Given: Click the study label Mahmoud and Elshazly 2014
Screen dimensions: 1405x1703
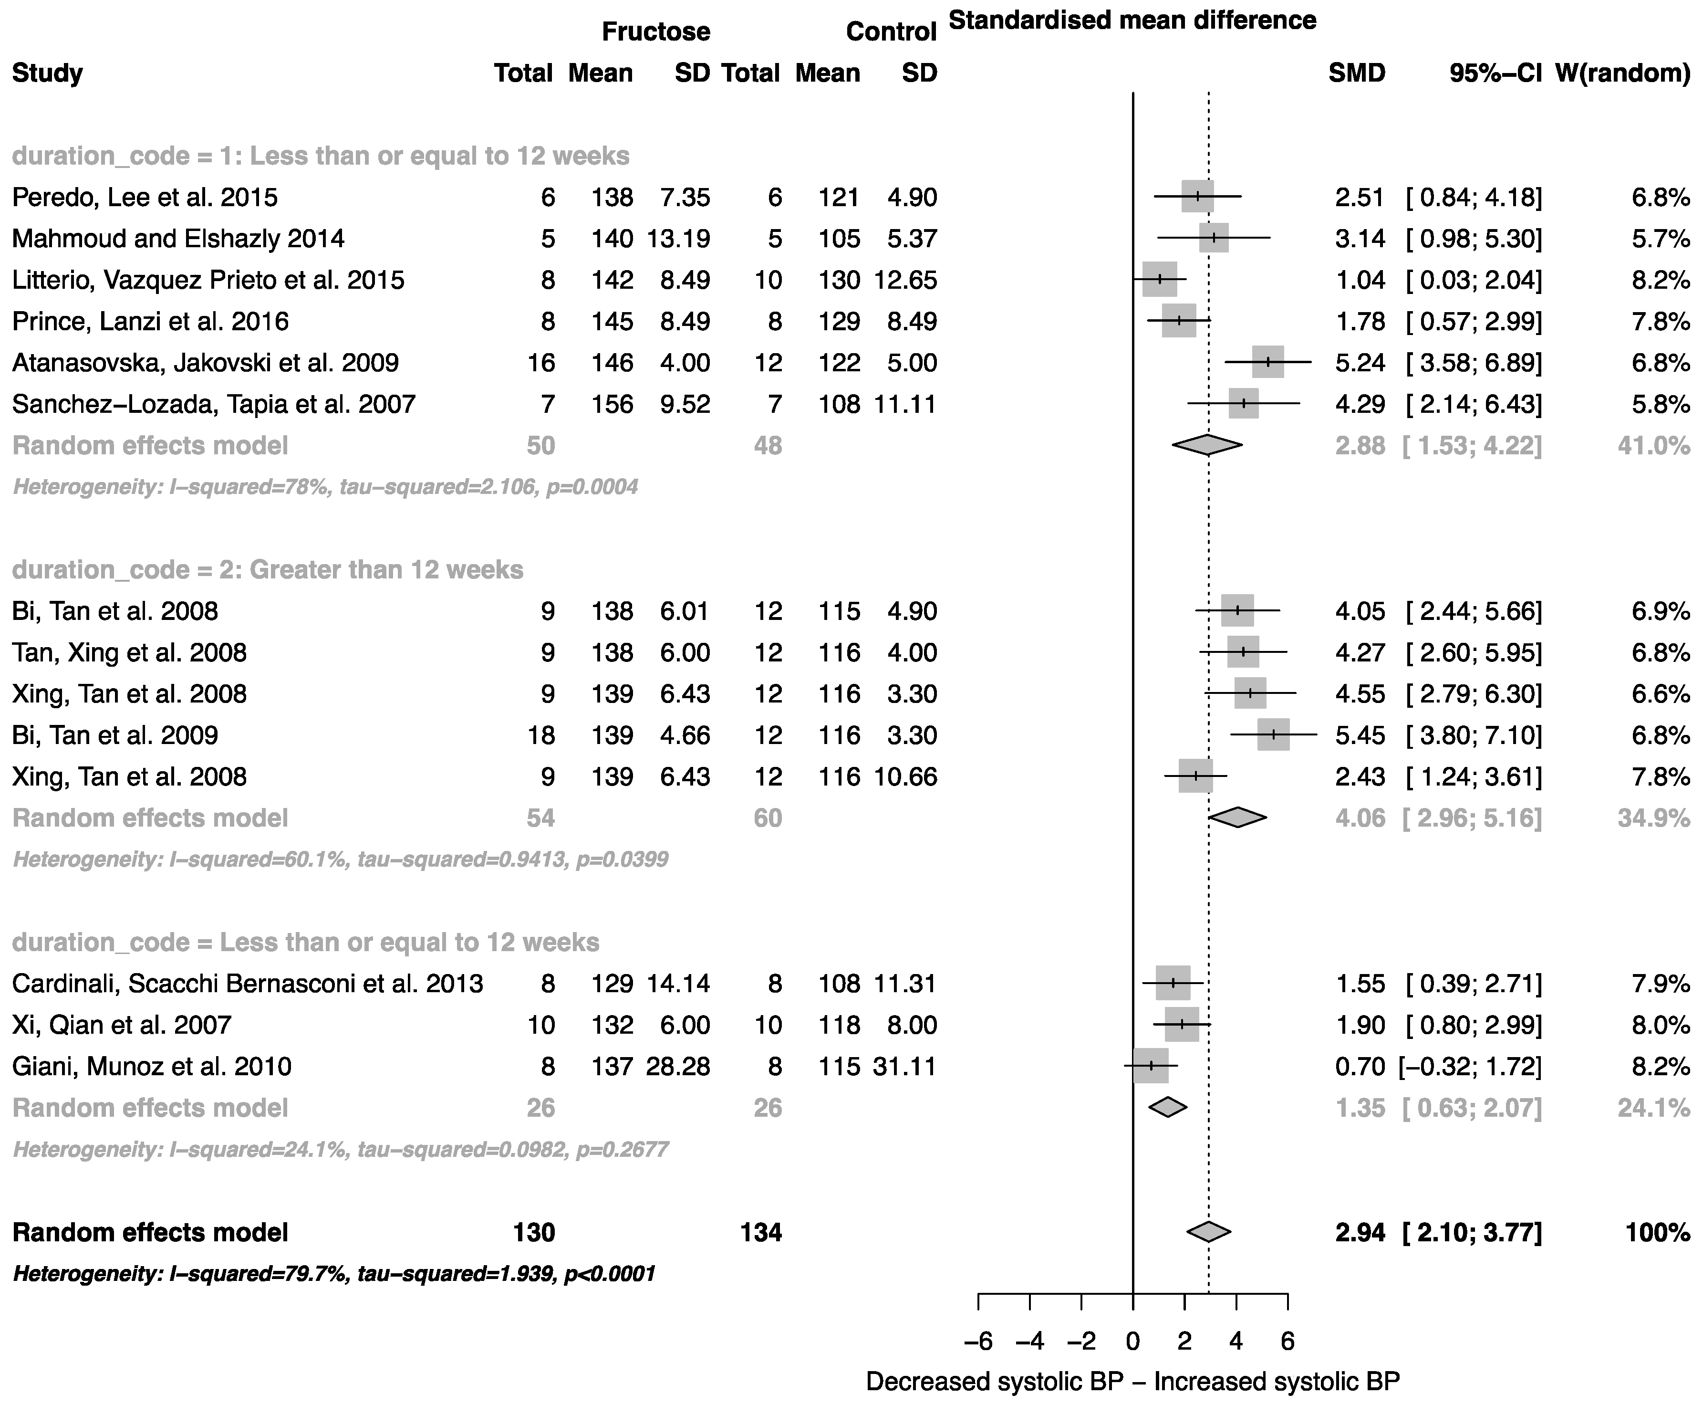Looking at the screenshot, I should click(x=178, y=239).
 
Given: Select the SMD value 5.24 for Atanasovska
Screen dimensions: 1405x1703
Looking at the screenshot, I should click(x=1360, y=363).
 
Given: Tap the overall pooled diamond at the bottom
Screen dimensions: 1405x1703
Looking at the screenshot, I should click(x=1209, y=1232).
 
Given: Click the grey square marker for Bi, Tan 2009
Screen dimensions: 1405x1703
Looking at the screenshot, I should click(x=1273, y=735).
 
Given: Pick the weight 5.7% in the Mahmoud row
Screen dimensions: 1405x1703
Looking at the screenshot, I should click(x=1660, y=239).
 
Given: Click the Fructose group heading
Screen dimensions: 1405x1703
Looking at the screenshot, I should click(x=655, y=31).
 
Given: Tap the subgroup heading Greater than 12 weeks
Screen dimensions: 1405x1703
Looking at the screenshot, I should click(x=267, y=570).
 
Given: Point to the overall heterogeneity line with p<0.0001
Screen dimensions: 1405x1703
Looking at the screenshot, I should click(x=334, y=1274).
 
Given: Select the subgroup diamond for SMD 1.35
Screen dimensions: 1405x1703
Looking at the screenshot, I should click(x=1167, y=1107).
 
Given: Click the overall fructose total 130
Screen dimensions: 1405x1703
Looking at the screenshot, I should click(x=534, y=1232).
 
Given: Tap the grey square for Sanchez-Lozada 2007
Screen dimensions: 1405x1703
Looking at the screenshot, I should click(x=1244, y=404).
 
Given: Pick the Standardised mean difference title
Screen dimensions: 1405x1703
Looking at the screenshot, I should click(x=1132, y=20).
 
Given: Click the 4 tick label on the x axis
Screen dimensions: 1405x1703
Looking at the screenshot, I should click(x=1236, y=1342).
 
